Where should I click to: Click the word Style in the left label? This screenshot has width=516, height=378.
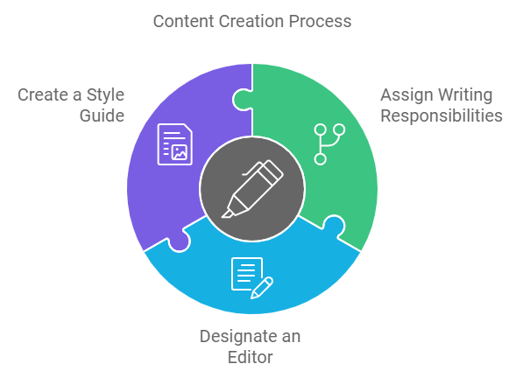point(105,95)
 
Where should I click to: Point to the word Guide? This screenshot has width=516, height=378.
point(102,115)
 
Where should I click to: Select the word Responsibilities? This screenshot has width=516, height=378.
point(442,115)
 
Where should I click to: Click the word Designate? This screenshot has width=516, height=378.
point(236,337)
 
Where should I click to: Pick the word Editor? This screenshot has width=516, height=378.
point(250,357)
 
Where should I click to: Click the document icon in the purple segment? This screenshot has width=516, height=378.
point(175,144)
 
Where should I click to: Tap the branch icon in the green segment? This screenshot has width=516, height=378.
point(329,144)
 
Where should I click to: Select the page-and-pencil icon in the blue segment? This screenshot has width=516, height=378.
point(252,278)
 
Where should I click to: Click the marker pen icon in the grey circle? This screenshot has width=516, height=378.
point(252,189)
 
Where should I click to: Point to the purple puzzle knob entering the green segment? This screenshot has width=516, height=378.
point(243,99)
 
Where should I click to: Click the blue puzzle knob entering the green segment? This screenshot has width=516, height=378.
point(334,225)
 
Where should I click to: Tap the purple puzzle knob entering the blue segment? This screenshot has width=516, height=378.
point(180,241)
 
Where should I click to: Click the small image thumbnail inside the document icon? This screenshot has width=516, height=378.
point(180,152)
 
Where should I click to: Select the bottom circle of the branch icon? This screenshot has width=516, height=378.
point(320,159)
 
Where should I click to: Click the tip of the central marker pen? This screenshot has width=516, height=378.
point(223,216)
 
